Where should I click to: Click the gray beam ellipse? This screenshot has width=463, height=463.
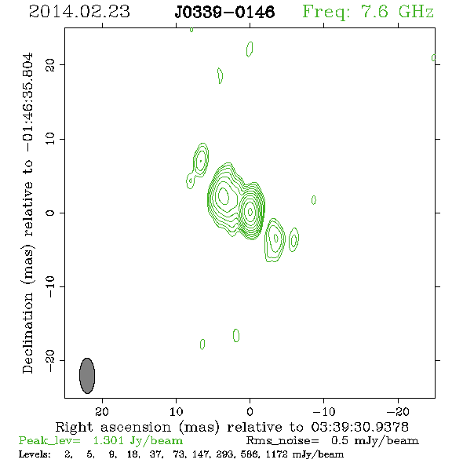tap(87, 376)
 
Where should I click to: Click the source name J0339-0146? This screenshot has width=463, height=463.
tap(224, 13)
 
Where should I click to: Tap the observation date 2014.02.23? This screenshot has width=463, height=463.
tap(79, 12)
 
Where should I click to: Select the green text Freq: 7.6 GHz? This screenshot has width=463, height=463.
tap(368, 12)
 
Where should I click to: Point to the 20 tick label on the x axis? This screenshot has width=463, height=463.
tap(102, 411)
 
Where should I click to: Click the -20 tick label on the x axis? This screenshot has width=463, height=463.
tap(398, 411)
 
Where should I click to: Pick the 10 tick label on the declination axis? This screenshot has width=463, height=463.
tap(50, 139)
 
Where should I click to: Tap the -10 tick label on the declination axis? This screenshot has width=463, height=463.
tap(50, 286)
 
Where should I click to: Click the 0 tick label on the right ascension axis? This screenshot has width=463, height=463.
tap(250, 411)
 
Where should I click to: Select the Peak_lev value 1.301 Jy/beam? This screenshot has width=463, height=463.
tap(138, 440)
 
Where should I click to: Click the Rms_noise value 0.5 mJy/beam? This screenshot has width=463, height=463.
tap(374, 440)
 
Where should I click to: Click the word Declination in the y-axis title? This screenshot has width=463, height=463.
tap(27, 333)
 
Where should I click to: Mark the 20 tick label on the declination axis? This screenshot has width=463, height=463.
tap(50, 65)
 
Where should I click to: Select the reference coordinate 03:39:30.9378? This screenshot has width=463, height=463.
tap(359, 427)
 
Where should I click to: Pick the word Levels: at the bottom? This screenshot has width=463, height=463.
tap(35, 454)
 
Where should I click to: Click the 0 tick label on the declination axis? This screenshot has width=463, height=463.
tap(50, 213)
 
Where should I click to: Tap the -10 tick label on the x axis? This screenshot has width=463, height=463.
tap(324, 411)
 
